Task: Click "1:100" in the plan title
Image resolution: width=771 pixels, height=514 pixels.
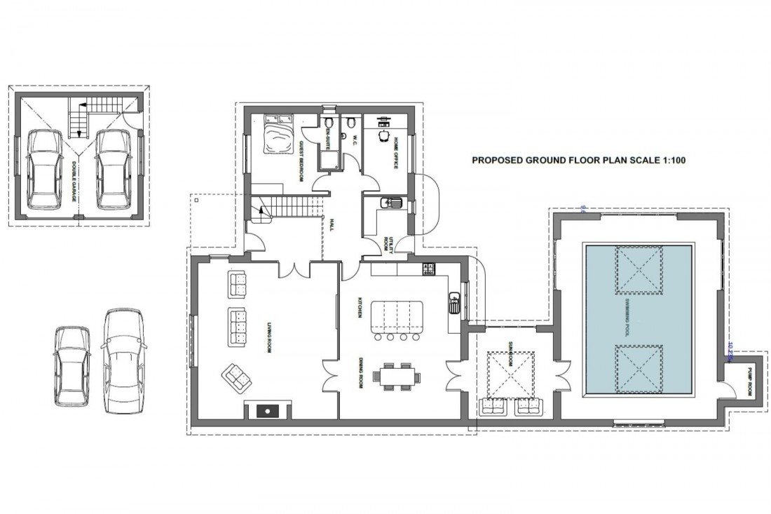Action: [x=671, y=161]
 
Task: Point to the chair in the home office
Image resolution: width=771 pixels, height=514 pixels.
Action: [x=383, y=136]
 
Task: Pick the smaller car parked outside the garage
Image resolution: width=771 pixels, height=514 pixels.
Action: [x=71, y=365]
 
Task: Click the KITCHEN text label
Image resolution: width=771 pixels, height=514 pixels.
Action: [x=360, y=307]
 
